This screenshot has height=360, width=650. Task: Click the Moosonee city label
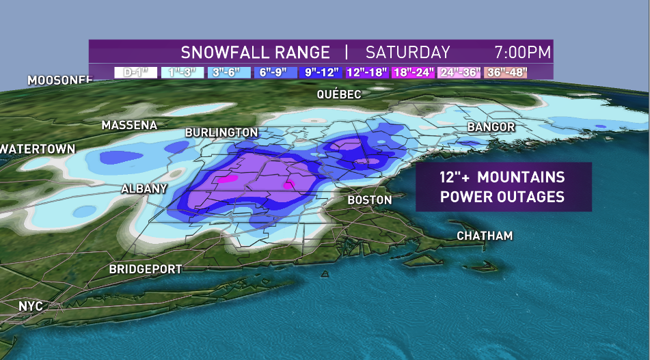tap(59, 80)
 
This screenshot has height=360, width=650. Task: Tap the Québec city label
tap(338, 95)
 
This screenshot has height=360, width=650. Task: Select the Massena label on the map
tap(129, 125)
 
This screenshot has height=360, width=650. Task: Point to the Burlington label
tap(221, 133)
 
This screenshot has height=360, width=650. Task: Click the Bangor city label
tap(491, 128)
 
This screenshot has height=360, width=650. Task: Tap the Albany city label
tap(144, 189)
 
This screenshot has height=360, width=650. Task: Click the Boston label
tap(370, 200)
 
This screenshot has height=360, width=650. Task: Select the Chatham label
tap(484, 236)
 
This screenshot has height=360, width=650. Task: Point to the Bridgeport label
tap(146, 269)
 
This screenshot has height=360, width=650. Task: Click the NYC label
tap(31, 306)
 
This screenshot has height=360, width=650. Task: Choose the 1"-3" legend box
tap(182, 72)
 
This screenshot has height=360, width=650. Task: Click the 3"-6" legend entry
tap(228, 72)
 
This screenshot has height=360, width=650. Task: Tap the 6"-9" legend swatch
tap(275, 72)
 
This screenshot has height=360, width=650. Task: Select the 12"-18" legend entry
tap(367, 72)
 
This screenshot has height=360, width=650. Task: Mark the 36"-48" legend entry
tap(506, 72)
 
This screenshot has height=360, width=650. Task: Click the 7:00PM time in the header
tap(523, 53)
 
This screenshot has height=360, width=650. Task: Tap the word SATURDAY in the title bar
tap(408, 53)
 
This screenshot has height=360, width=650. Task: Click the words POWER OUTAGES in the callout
tap(502, 197)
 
